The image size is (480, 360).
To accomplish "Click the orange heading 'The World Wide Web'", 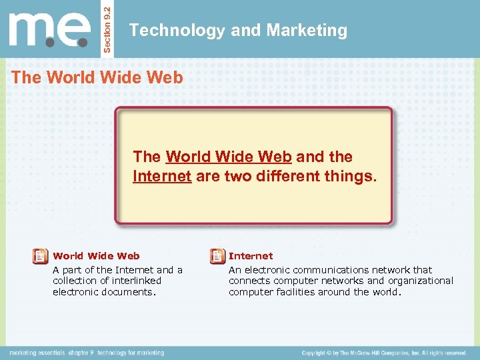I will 97,77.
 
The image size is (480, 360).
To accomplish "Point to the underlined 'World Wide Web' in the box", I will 229,157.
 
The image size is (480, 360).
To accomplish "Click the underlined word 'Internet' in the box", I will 163,177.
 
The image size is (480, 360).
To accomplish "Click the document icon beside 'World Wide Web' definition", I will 40,256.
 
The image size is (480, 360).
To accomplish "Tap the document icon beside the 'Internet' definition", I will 217,256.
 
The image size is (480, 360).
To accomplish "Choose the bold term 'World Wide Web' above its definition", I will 96,256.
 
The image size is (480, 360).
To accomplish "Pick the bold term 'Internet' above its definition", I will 251,256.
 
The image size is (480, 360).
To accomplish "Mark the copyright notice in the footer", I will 383,353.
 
